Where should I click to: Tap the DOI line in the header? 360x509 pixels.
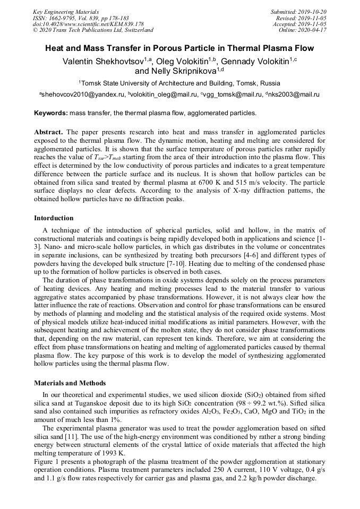[x=88, y=24]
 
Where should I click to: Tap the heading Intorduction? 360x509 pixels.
[x=54, y=218]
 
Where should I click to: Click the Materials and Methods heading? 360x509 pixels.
[x=70, y=383]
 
